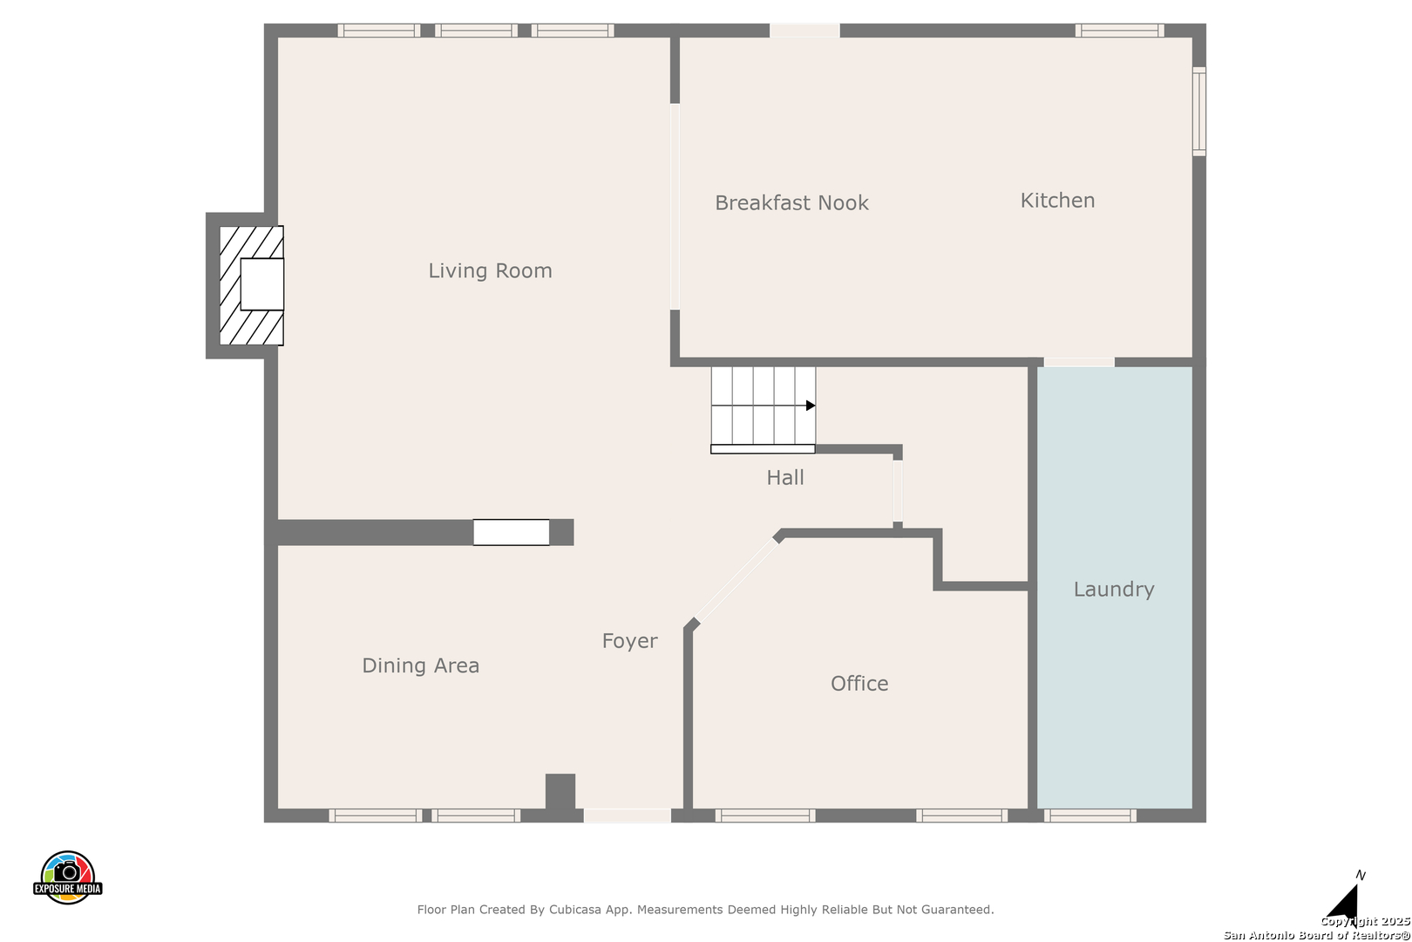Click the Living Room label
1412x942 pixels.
(x=490, y=270)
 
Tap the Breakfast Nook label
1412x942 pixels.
(x=791, y=202)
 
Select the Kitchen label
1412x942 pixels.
(x=1057, y=200)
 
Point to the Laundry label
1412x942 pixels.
(x=1114, y=590)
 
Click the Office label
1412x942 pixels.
(x=859, y=683)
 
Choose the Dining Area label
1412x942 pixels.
(x=420, y=665)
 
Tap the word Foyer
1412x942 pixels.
(x=629, y=641)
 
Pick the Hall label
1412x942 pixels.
(x=784, y=478)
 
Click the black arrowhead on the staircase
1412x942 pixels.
(x=811, y=406)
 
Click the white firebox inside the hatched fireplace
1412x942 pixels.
(x=261, y=284)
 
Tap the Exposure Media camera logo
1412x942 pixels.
(x=67, y=877)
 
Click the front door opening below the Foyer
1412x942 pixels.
(x=628, y=816)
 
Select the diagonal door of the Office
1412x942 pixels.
(x=737, y=580)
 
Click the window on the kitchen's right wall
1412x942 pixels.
(x=1199, y=111)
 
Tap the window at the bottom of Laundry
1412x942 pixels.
(x=1090, y=816)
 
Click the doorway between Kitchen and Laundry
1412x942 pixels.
(x=1079, y=362)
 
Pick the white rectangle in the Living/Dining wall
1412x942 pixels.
(x=512, y=533)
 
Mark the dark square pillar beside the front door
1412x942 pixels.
(x=560, y=791)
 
